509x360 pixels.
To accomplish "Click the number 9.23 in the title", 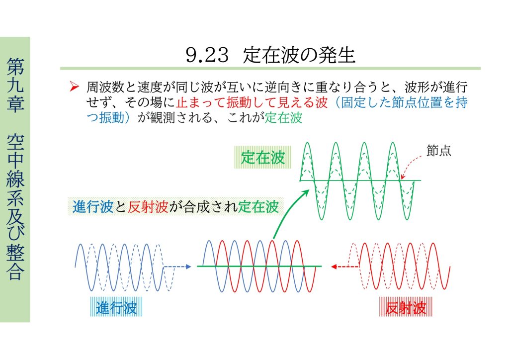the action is pyautogui.click(x=207, y=55).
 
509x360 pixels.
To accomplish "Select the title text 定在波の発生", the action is pyautogui.click(x=299, y=55).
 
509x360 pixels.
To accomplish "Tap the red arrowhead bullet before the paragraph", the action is pyautogui.click(x=75, y=87).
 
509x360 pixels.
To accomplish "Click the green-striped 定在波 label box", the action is pyautogui.click(x=262, y=158).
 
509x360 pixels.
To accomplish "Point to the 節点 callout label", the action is pyautogui.click(x=438, y=151).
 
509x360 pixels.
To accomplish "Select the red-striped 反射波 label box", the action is pyautogui.click(x=406, y=307).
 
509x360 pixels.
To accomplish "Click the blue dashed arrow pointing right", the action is pyautogui.click(x=177, y=267).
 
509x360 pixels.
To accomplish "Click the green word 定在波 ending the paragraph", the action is pyautogui.click(x=283, y=117).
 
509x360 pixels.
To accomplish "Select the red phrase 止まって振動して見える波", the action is pyautogui.click(x=252, y=102).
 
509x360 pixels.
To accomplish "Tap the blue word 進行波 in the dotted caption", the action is pyautogui.click(x=93, y=207).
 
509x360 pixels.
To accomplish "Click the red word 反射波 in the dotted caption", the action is pyautogui.click(x=148, y=207).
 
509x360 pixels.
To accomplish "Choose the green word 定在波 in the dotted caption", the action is pyautogui.click(x=258, y=207).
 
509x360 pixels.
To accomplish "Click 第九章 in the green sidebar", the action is pyautogui.click(x=15, y=85).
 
